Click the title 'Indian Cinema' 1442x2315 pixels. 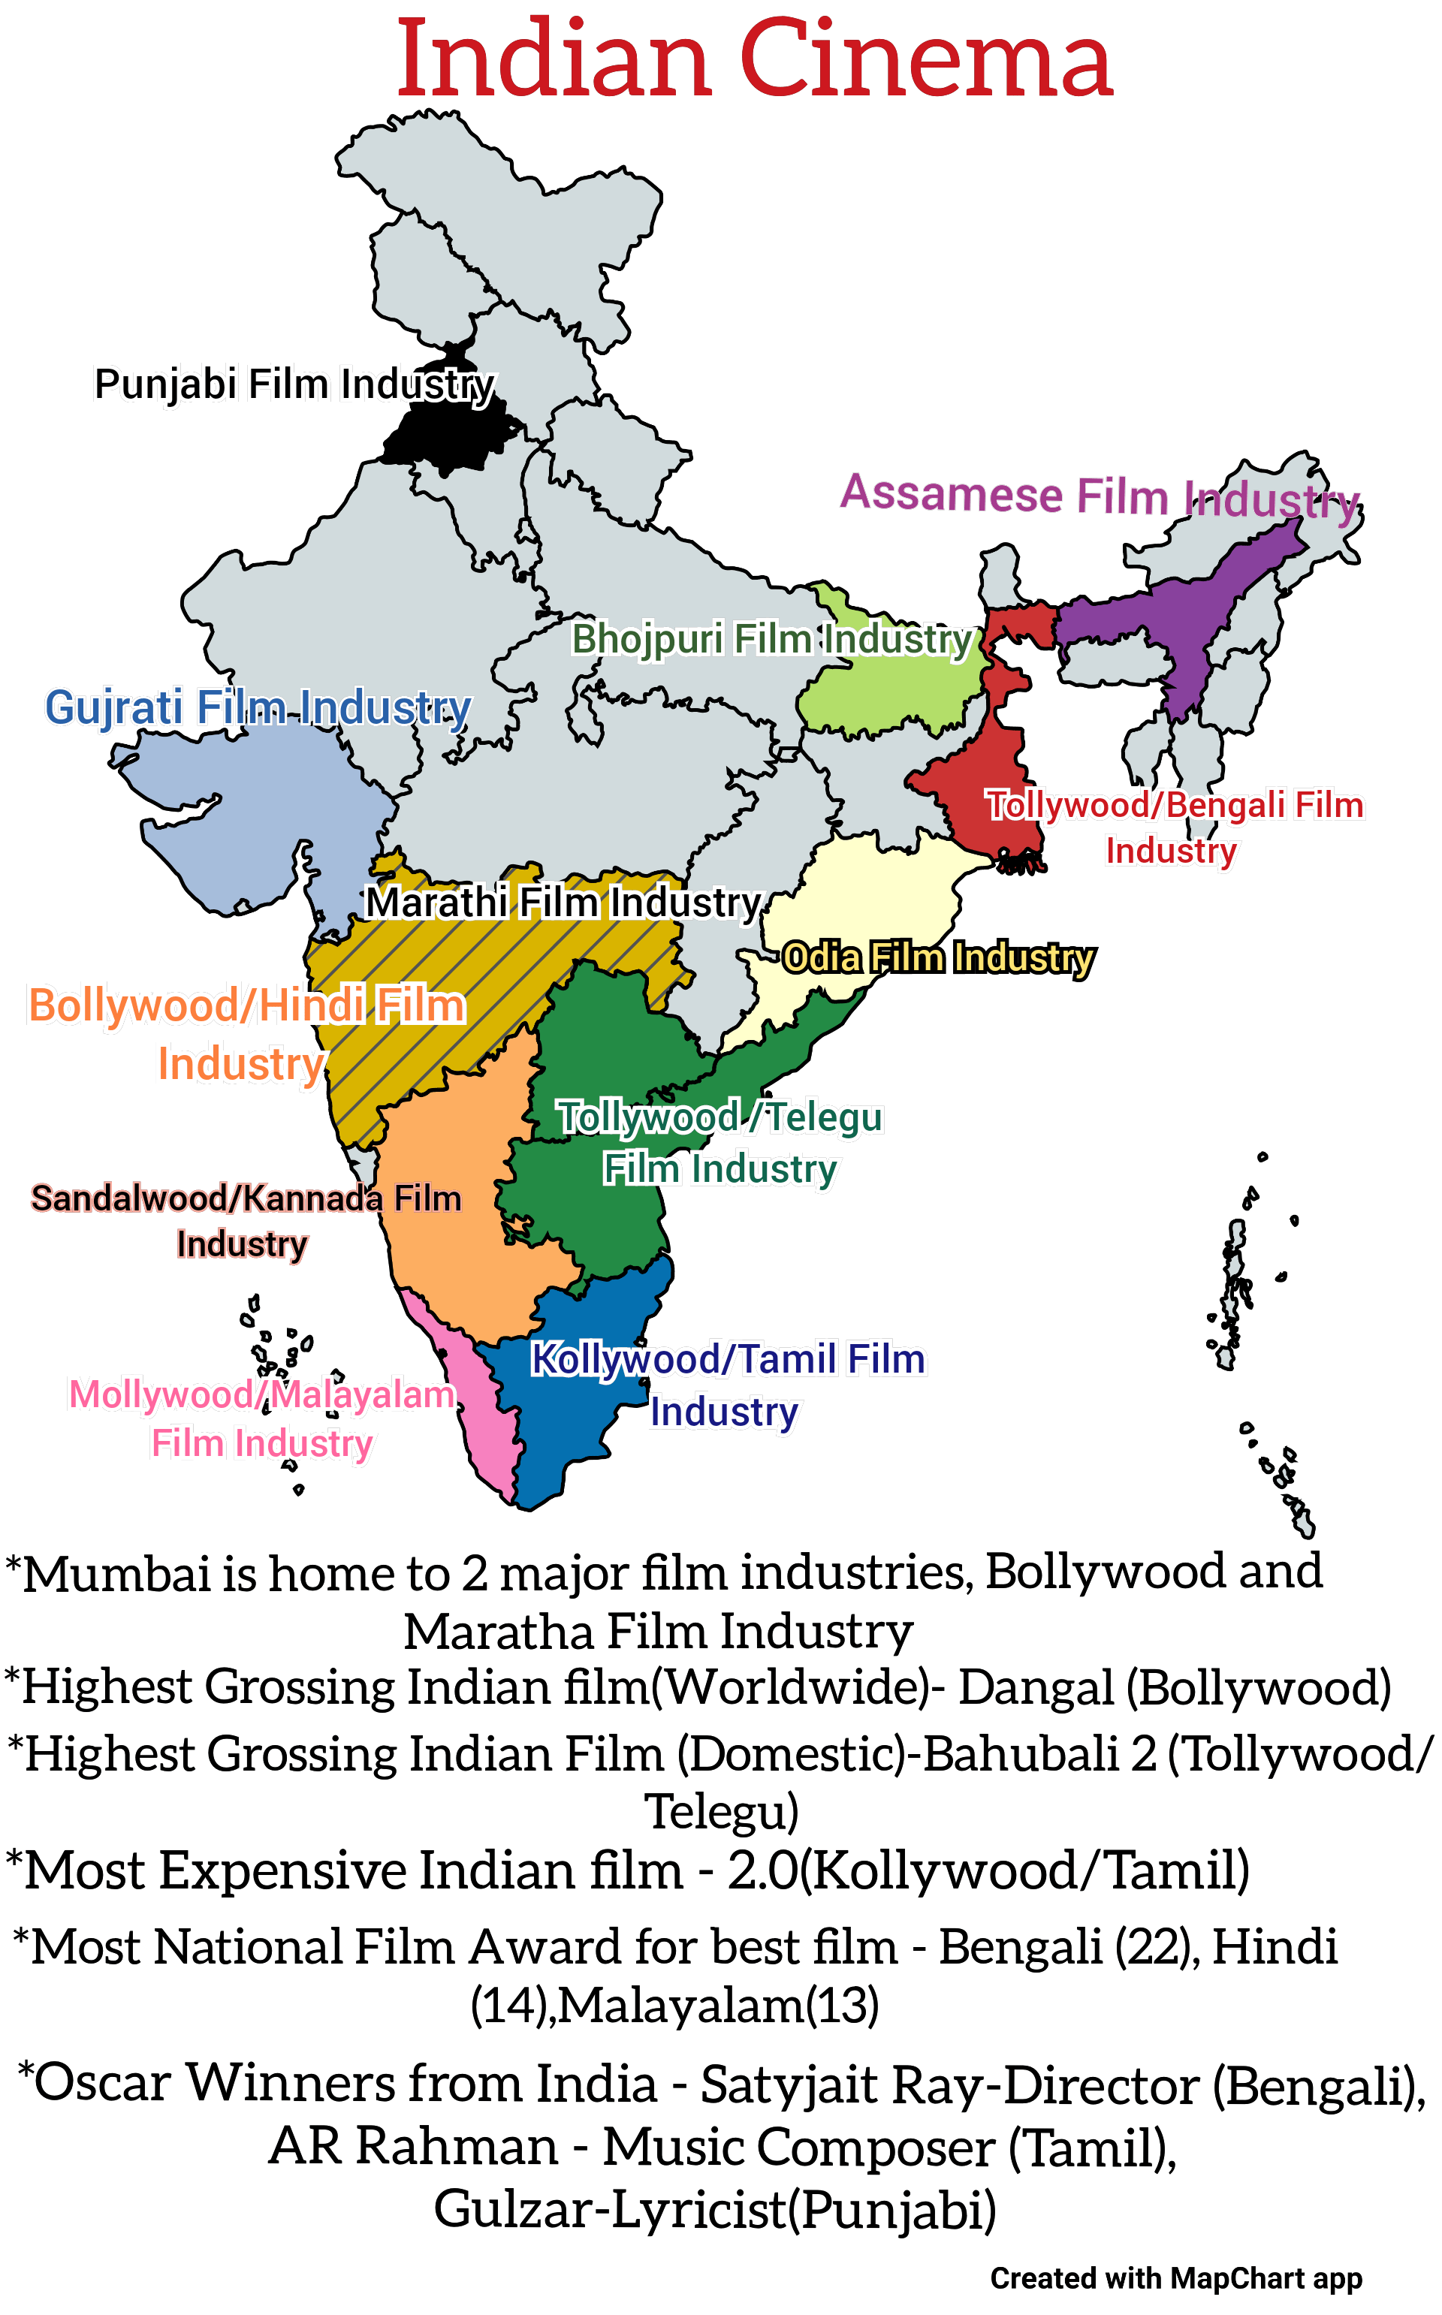(753, 59)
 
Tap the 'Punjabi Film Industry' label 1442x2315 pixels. (294, 384)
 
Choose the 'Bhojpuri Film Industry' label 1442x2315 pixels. (771, 639)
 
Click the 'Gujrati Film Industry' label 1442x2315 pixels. (258, 707)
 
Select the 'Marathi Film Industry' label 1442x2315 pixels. (563, 902)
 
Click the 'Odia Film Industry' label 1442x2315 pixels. (939, 957)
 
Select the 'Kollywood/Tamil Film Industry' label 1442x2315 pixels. (727, 1385)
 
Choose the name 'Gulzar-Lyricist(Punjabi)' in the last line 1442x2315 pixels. (714, 2208)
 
